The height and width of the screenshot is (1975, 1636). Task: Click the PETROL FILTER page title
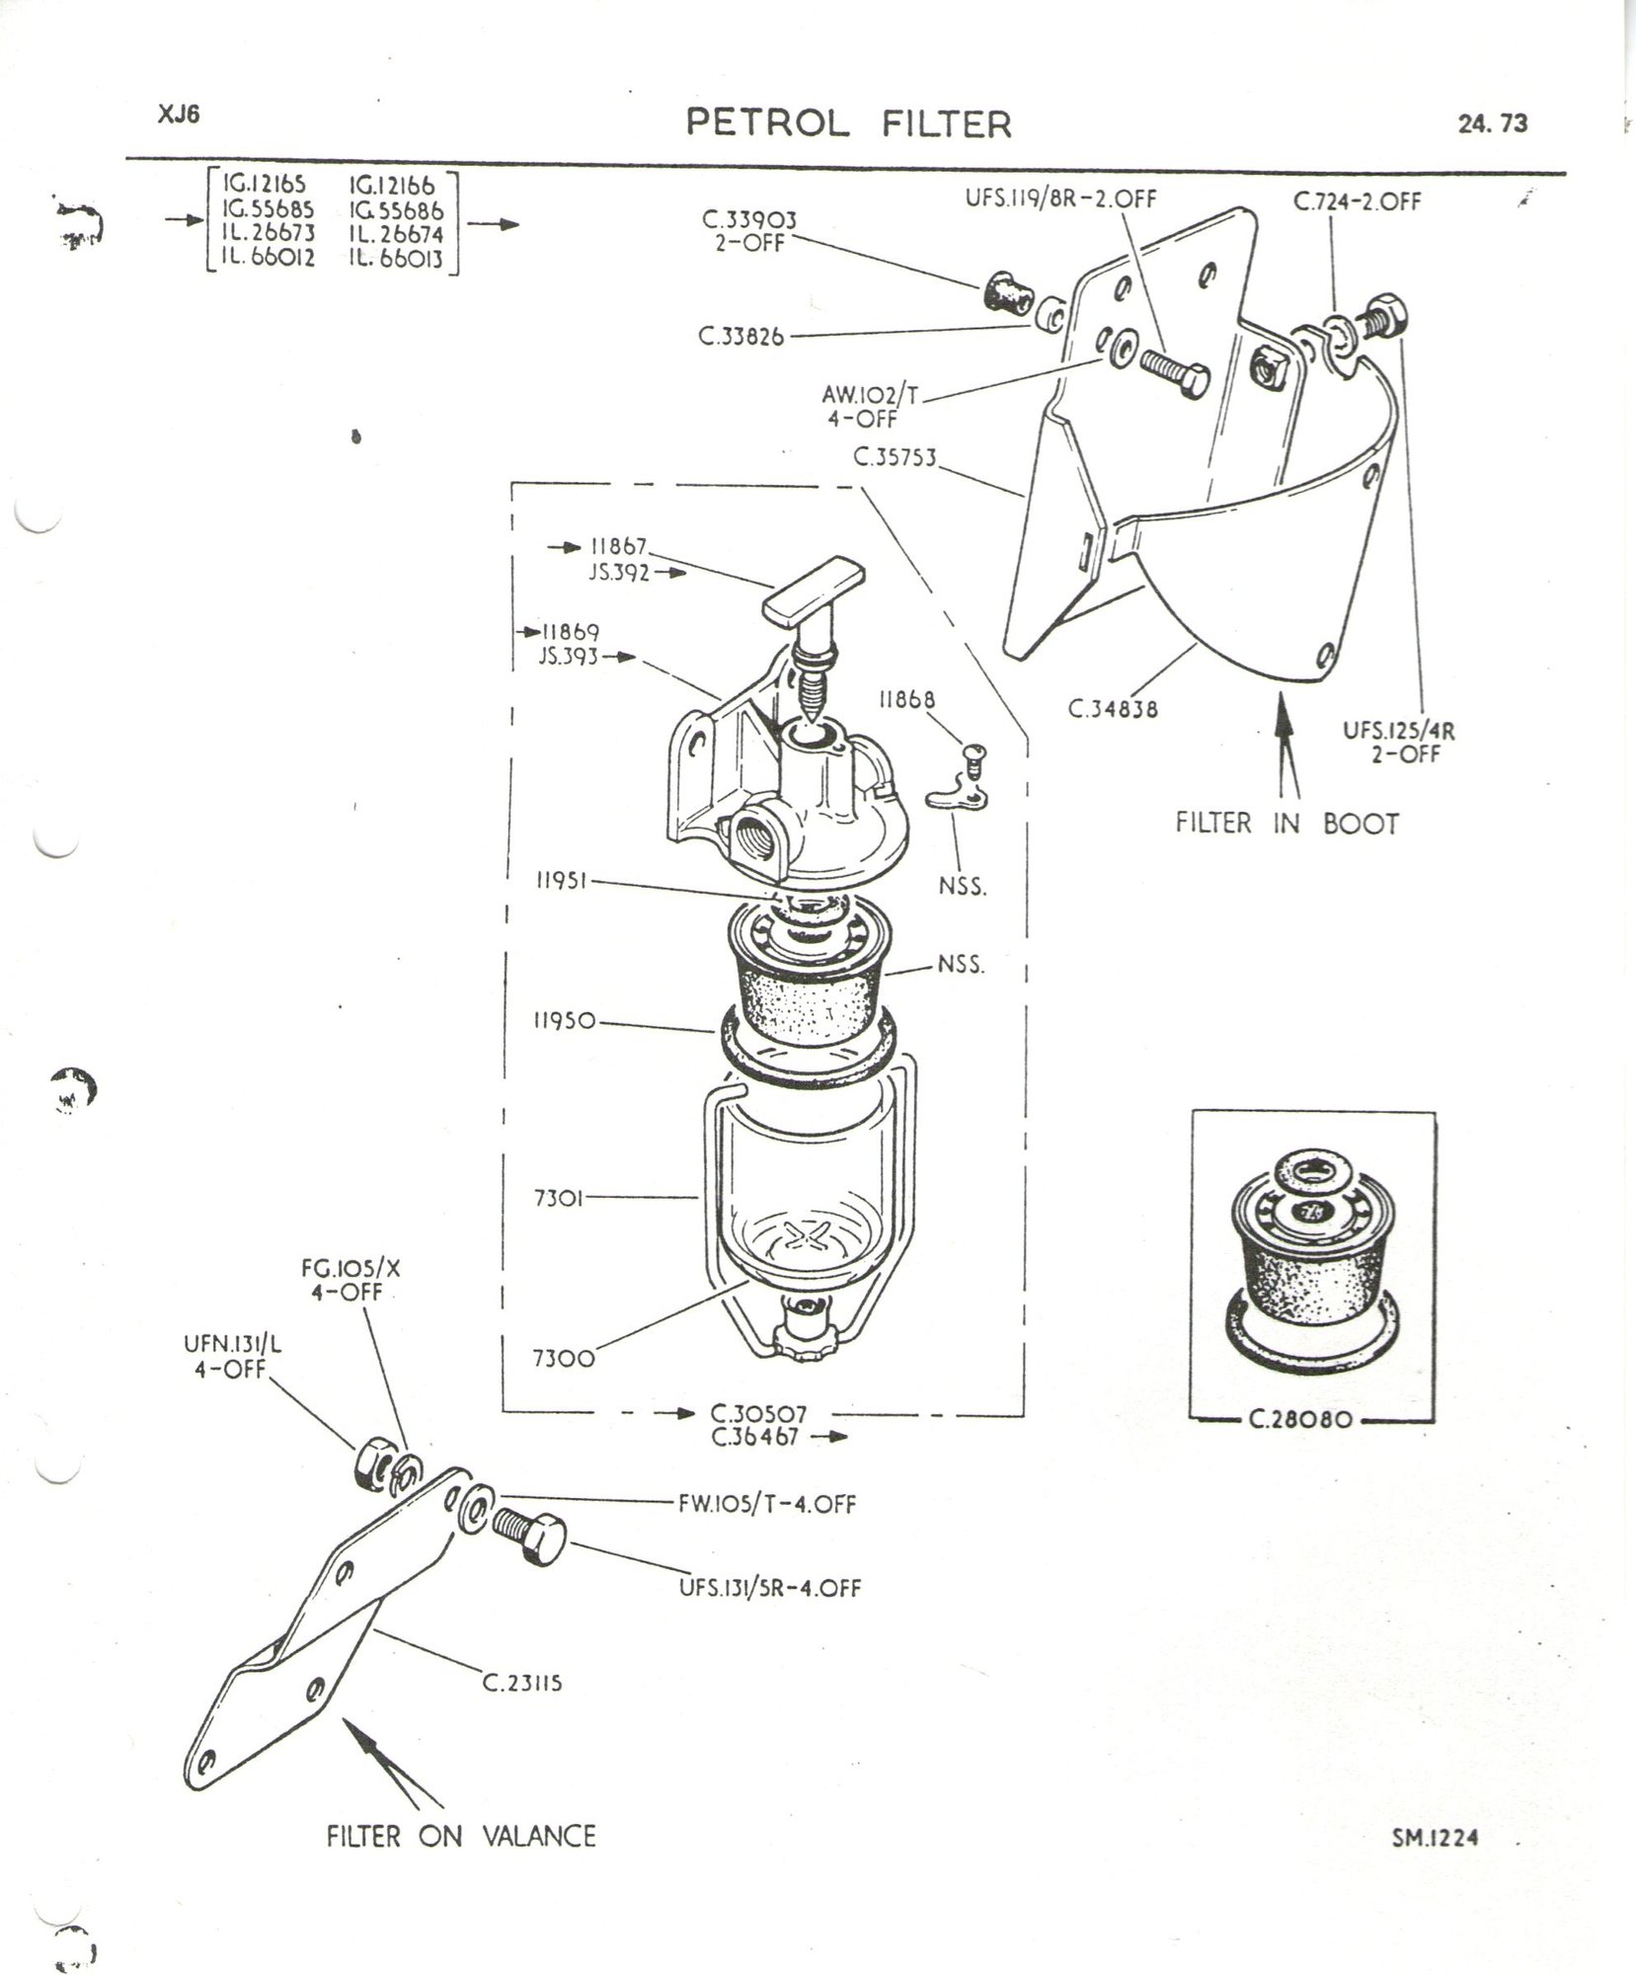pos(849,123)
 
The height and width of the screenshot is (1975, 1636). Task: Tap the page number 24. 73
pos(1491,123)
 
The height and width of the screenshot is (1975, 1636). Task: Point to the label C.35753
pos(896,458)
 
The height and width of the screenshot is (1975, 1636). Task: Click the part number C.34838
pos(1112,708)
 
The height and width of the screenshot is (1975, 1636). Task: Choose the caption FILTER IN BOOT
pos(1286,823)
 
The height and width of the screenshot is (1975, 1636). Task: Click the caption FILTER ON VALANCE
pos(462,1836)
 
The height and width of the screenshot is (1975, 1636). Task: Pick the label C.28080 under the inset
pos(1311,1423)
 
